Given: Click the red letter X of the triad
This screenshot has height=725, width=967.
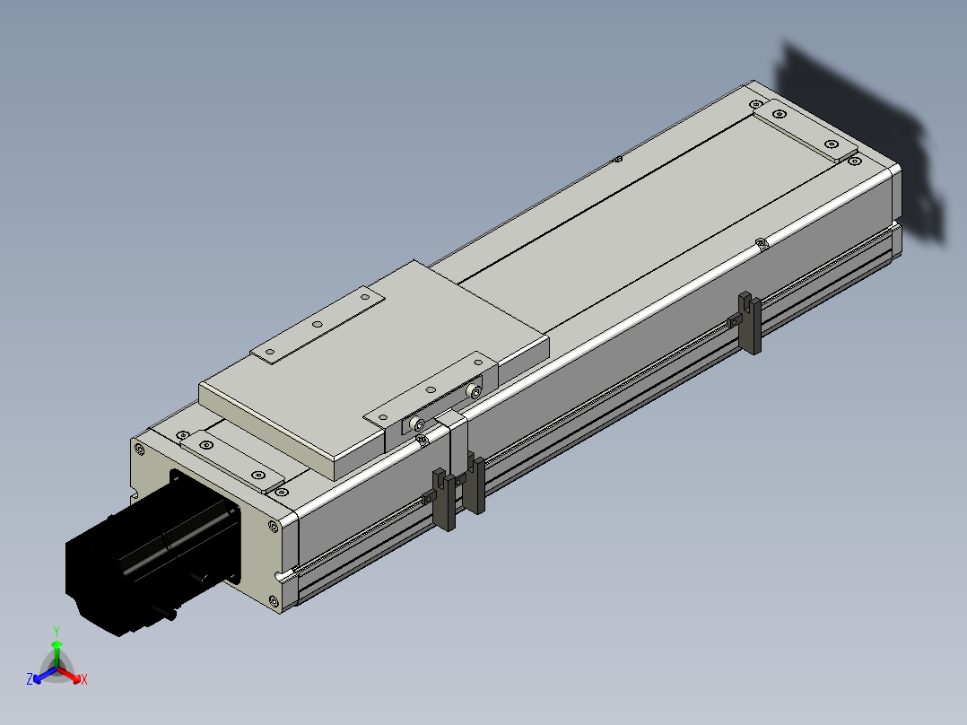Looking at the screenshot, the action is point(84,679).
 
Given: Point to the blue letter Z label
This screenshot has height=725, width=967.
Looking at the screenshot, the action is point(29,678).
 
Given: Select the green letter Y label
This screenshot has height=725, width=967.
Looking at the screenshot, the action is point(57,631).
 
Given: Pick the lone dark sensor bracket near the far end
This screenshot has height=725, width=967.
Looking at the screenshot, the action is point(750,322).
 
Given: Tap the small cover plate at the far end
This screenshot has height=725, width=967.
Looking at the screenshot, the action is point(806,130).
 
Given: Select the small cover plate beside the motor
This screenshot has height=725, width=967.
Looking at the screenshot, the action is point(231,461).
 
